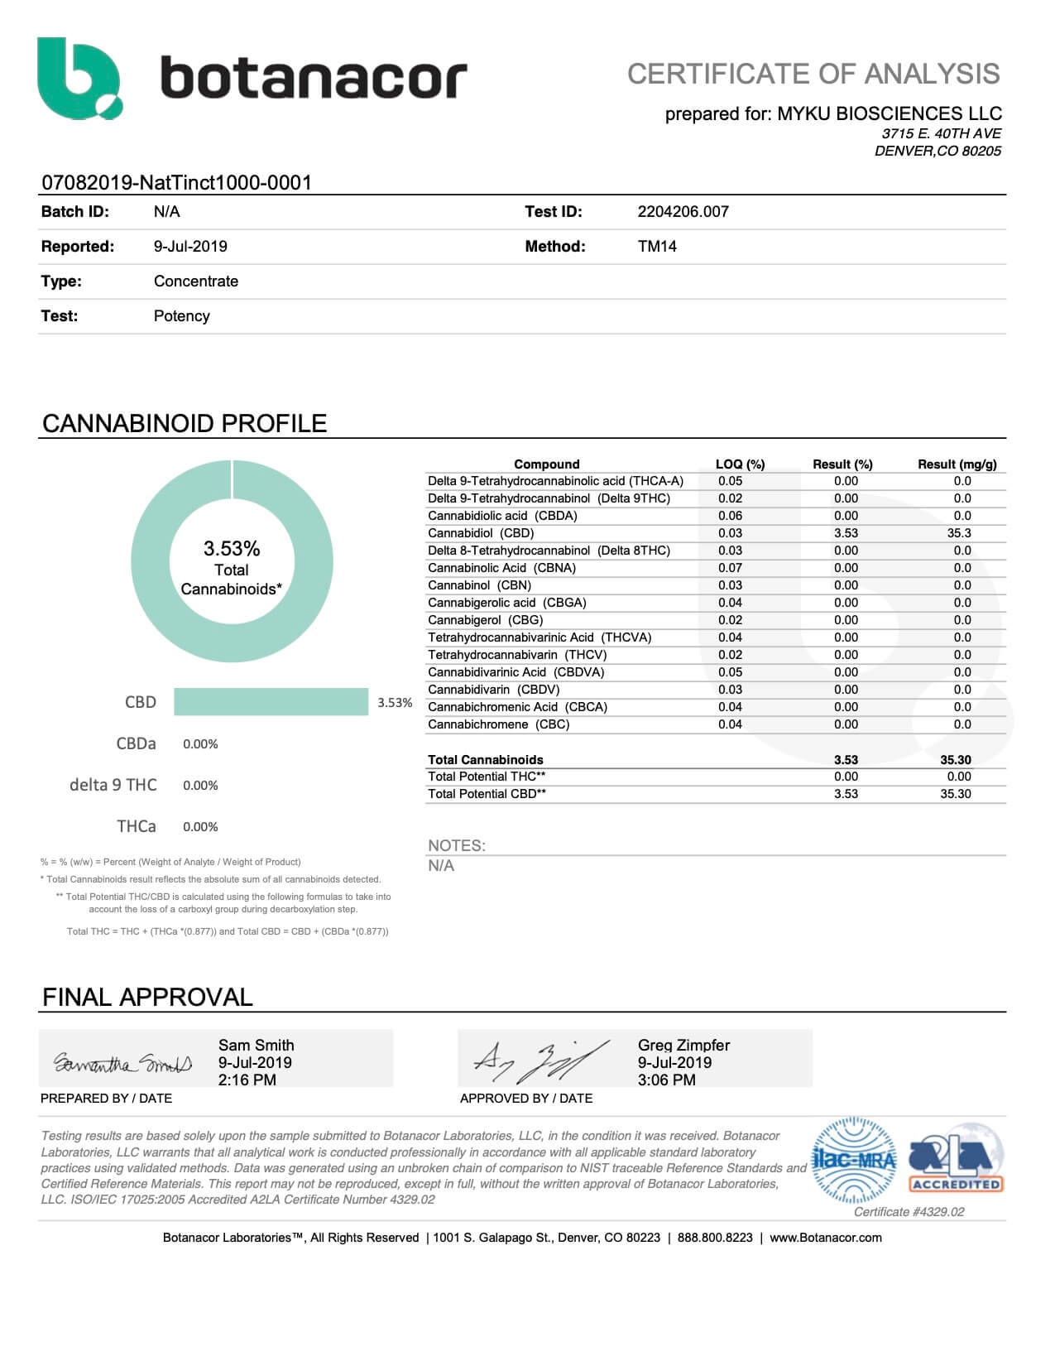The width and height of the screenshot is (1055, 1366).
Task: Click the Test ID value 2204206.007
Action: point(683,212)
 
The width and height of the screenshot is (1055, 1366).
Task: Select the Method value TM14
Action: point(657,247)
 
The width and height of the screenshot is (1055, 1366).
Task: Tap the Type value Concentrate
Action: point(196,281)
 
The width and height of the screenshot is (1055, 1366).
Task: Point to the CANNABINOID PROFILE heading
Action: point(185,424)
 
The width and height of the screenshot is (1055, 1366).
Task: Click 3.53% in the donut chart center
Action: point(232,549)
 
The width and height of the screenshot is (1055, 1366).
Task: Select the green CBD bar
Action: point(271,701)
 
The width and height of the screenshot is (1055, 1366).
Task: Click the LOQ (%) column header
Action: point(740,464)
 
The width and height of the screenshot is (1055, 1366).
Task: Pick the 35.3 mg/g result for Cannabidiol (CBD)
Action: point(959,533)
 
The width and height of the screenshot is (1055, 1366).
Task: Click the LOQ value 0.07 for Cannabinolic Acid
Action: point(730,568)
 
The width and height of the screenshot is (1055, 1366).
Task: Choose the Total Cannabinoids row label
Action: point(486,760)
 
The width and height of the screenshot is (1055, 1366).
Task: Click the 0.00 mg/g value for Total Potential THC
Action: point(959,777)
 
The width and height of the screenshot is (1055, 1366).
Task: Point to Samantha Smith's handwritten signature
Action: point(122,1062)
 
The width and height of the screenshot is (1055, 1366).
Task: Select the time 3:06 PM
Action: point(666,1080)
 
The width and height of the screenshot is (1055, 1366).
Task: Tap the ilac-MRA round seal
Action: point(854,1160)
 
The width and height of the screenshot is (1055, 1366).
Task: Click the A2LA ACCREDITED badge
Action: point(956,1159)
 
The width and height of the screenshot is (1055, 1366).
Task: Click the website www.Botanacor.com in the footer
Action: point(825,1238)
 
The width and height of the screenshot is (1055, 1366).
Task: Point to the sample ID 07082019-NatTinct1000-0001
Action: point(176,183)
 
